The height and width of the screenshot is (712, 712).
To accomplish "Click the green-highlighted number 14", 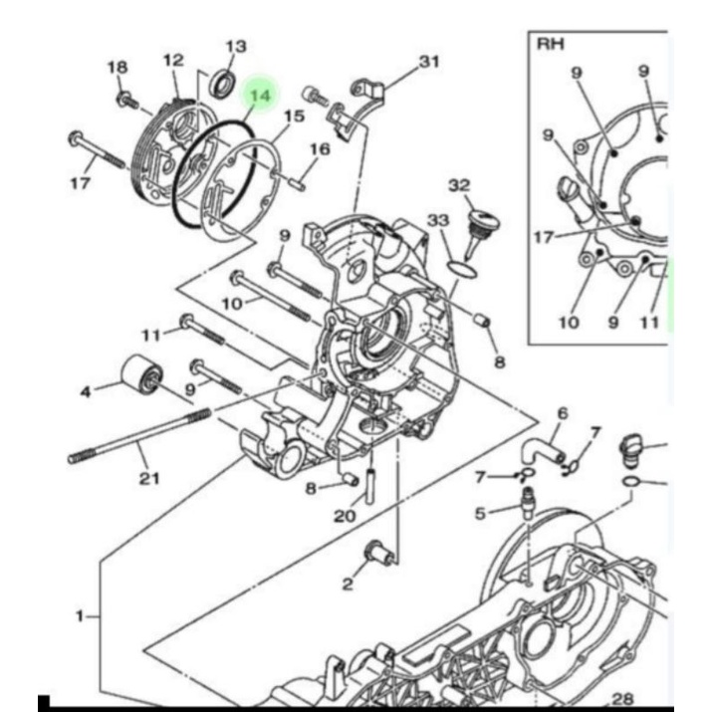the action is [260, 96].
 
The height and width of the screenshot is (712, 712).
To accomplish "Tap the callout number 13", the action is [236, 46].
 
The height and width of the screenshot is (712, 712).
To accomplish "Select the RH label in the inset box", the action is [551, 44].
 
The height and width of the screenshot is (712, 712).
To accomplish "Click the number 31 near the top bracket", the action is [429, 61].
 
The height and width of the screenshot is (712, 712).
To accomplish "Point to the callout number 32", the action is [459, 185].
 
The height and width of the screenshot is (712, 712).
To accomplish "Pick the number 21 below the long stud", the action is [149, 478].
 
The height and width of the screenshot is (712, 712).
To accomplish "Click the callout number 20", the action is [345, 516].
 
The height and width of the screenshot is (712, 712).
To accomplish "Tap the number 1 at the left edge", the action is [80, 616].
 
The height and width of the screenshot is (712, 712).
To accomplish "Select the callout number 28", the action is [623, 699].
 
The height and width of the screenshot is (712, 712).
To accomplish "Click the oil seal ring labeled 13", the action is [222, 83].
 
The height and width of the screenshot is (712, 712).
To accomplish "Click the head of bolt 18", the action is [122, 98].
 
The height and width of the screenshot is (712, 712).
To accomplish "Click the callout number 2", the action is [348, 584].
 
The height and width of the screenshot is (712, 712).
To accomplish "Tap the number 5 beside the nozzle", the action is [480, 514].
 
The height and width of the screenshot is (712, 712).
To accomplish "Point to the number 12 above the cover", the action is [173, 61].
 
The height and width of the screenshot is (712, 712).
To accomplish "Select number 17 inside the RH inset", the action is [544, 237].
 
